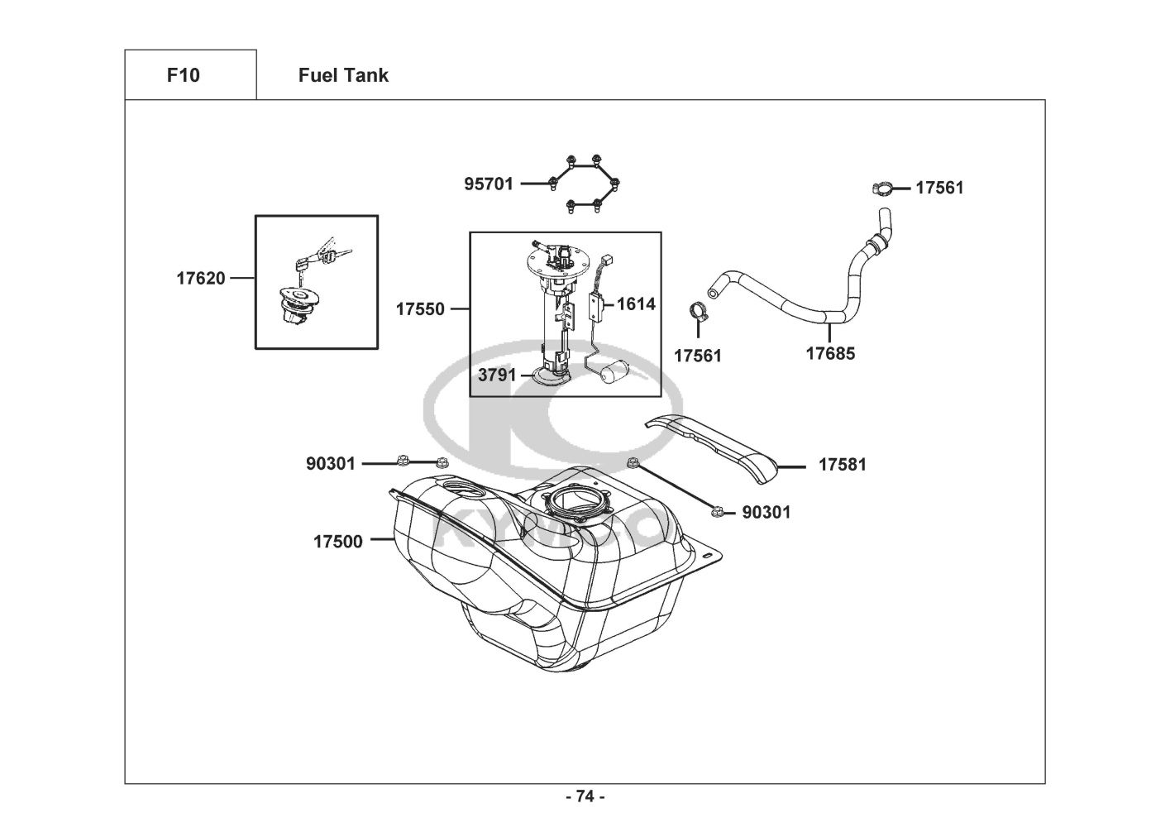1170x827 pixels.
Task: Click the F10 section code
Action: (183, 75)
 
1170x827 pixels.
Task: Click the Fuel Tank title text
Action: (343, 75)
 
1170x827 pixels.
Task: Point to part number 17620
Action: (201, 279)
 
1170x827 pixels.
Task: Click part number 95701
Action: (489, 184)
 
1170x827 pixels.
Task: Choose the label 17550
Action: (420, 309)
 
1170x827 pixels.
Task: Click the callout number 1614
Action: (636, 304)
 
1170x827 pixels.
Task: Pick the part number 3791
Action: (497, 375)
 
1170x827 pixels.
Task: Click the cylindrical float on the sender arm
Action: (613, 372)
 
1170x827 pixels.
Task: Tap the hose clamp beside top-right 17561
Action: (882, 189)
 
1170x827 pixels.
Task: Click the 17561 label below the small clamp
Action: (697, 356)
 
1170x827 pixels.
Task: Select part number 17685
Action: (830, 354)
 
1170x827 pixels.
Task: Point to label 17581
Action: (842, 465)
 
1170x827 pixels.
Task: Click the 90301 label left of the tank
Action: (330, 464)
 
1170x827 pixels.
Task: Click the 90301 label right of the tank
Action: (766, 513)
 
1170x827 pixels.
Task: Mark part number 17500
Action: (337, 542)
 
